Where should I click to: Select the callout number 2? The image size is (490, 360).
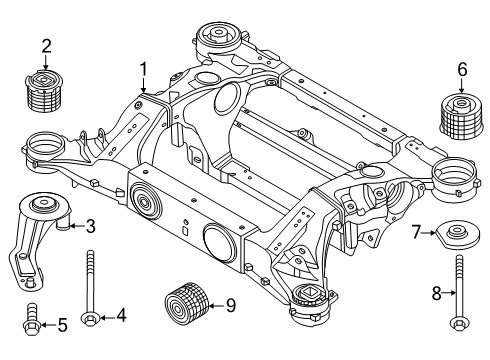coord(46,44)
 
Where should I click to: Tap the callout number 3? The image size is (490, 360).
coord(89,226)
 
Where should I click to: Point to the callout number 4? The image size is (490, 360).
coord(120,316)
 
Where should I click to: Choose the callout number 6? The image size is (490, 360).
coord(461,69)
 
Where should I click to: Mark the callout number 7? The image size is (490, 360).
coord(416,232)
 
